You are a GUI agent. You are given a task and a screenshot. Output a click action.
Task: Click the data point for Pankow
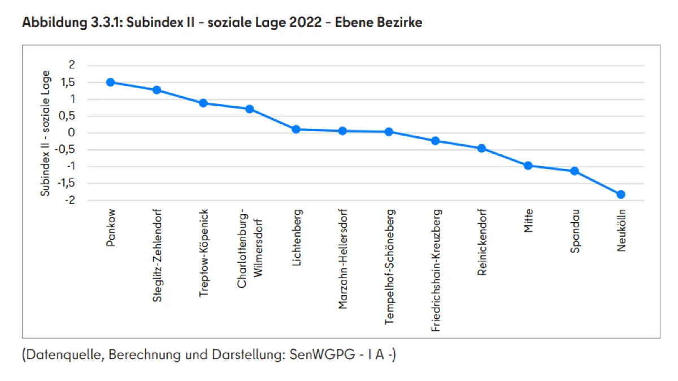[x=111, y=83]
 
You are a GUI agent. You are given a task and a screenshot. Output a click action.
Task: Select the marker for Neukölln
[x=621, y=194]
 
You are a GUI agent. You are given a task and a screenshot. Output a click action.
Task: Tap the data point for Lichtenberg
[x=296, y=129]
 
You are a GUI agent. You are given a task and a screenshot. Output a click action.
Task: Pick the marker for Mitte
[x=528, y=166]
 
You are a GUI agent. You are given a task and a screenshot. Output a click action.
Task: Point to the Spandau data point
[x=575, y=171]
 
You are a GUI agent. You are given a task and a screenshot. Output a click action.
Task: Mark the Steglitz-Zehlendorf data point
[x=157, y=90]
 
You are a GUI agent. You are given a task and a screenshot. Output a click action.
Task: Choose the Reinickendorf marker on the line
[x=482, y=148]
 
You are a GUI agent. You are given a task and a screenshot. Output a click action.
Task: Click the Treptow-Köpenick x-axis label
[x=204, y=253]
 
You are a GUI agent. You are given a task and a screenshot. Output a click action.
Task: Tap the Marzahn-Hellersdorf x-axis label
[x=343, y=259]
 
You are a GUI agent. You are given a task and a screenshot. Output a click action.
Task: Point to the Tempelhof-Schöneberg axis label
[x=389, y=267]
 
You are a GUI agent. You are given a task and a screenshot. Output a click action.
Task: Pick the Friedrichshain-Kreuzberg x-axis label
[x=436, y=270]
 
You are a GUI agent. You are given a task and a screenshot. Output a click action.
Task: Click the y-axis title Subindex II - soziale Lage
[x=46, y=133]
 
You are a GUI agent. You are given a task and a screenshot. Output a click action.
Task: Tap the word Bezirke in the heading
[x=400, y=23]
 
